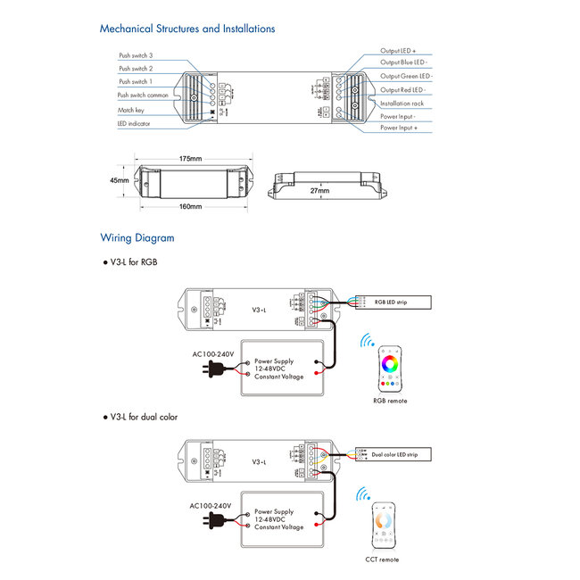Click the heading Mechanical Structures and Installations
click(x=186, y=29)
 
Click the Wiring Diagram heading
click(x=137, y=238)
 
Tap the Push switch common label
click(x=142, y=95)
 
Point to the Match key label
click(x=130, y=110)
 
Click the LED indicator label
click(x=135, y=125)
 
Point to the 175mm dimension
click(x=190, y=159)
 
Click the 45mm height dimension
click(x=119, y=180)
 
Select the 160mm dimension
click(x=190, y=206)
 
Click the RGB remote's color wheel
click(x=391, y=364)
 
